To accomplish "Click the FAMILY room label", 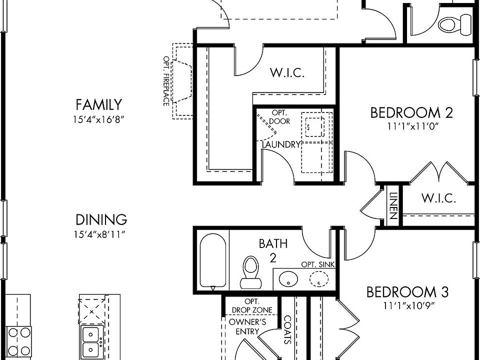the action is pyautogui.click(x=99, y=104).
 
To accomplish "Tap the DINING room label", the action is pyautogui.click(x=101, y=220).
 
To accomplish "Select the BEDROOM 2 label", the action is pyautogui.click(x=411, y=112).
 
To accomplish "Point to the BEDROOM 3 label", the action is pyautogui.click(x=407, y=292).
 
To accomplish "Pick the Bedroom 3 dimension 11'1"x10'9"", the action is pyautogui.click(x=409, y=305).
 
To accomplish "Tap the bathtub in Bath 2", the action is pyautogui.click(x=213, y=261).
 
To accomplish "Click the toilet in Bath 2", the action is pyautogui.click(x=250, y=272).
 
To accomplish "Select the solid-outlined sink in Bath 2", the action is pyautogui.click(x=288, y=279).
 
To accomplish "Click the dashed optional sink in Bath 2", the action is pyautogui.click(x=318, y=279).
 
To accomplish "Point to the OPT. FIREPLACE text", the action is pyautogui.click(x=166, y=81).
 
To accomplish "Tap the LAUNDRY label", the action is pyautogui.click(x=281, y=144).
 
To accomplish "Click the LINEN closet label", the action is pyautogui.click(x=393, y=205).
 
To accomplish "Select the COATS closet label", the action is pyautogui.click(x=288, y=329).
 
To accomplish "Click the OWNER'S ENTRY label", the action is pyautogui.click(x=247, y=326).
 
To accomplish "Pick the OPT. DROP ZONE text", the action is pyautogui.click(x=252, y=306).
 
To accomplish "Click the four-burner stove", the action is pyautogui.click(x=19, y=341).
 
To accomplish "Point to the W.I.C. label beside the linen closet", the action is pyautogui.click(x=438, y=198).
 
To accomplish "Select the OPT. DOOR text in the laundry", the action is pyautogui.click(x=279, y=117).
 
